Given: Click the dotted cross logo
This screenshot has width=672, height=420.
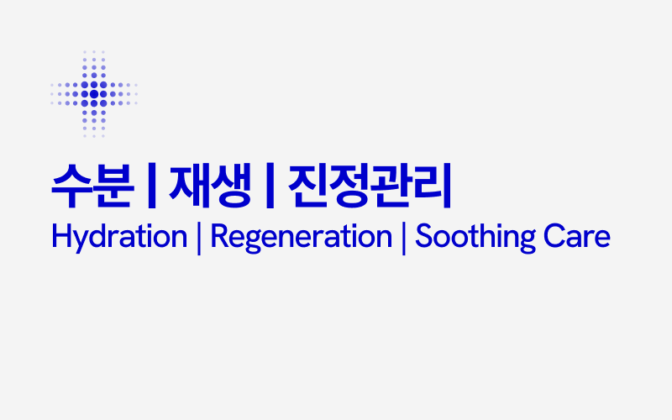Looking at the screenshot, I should tap(94, 93).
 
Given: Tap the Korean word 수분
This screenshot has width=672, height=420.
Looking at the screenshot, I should tap(92, 186).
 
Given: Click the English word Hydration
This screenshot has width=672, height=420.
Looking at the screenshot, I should tap(118, 237).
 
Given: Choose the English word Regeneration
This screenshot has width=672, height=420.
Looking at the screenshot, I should tap(301, 237).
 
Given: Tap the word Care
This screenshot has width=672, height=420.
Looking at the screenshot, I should tap(576, 237).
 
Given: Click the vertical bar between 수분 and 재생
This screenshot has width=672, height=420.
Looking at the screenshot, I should tap(151, 187).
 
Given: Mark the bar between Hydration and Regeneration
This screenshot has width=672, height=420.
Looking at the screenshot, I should tap(198, 238).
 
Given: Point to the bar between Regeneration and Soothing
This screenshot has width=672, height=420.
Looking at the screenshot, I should tap(404, 238).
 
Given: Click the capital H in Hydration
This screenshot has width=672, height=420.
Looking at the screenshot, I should tap(60, 236).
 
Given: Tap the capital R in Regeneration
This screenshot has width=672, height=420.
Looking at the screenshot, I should tap(218, 236).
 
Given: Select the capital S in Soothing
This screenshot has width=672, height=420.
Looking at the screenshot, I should tap(425, 236).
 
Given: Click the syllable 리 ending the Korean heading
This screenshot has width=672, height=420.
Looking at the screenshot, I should tap(433, 186).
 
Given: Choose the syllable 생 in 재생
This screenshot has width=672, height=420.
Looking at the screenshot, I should tap(231, 186).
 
